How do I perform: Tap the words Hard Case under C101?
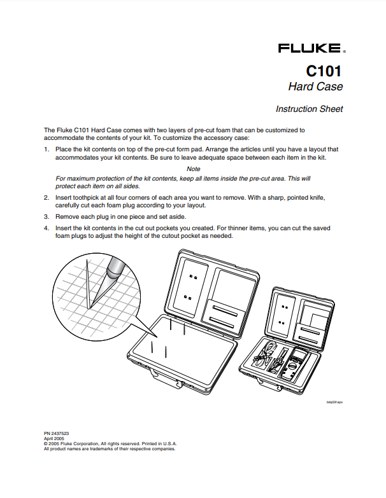pyautogui.click(x=315, y=86)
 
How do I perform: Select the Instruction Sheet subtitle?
pyautogui.click(x=309, y=109)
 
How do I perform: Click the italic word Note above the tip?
pyautogui.click(x=193, y=169)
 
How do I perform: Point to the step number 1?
pyautogui.click(x=46, y=149)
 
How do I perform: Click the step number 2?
pyautogui.click(x=46, y=198)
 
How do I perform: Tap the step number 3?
pyautogui.click(x=46, y=216)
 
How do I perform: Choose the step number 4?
pyautogui.click(x=46, y=227)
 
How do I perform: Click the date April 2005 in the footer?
pyautogui.click(x=54, y=439)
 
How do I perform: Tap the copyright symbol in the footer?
pyautogui.click(x=45, y=443)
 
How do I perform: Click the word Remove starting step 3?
pyautogui.click(x=67, y=216)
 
